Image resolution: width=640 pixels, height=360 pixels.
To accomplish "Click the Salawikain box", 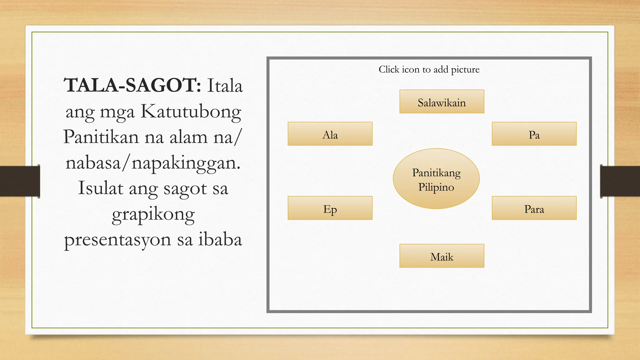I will [442, 102].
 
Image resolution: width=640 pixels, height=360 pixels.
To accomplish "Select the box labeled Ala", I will [330, 134].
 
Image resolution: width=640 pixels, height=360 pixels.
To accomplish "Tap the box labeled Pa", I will [534, 134].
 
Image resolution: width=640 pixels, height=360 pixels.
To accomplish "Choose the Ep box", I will [330, 208].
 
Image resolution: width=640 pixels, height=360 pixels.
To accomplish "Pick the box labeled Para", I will [534, 208].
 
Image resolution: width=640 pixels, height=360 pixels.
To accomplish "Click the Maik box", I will [442, 256].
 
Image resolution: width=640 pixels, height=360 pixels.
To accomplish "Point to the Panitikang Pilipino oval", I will [436, 179].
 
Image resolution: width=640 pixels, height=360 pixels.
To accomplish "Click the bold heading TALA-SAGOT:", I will [132, 85].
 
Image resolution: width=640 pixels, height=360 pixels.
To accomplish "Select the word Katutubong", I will [191, 112].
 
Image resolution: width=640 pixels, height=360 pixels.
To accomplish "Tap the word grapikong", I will [153, 215].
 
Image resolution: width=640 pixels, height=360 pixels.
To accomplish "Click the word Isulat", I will [100, 188].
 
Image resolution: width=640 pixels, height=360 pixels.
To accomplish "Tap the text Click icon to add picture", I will [429, 69].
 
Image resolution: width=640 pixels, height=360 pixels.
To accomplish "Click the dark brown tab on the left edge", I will [20, 181].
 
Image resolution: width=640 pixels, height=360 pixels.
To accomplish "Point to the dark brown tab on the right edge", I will [620, 181].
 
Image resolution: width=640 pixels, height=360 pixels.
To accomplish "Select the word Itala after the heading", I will [225, 86].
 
